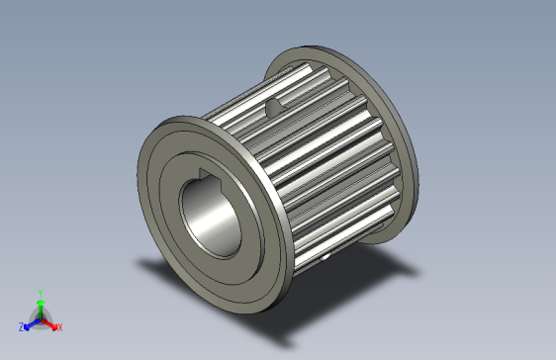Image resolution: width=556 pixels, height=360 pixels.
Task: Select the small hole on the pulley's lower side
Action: click(x=326, y=260)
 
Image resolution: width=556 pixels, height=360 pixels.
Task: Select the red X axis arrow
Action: click(x=51, y=322)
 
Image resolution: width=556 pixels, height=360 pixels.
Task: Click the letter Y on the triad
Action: click(x=40, y=293)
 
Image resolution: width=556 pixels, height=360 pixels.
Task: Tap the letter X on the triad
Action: click(x=59, y=327)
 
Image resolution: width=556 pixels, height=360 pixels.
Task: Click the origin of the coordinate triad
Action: click(x=40, y=317)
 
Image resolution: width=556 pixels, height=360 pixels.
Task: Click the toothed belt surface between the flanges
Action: click(x=326, y=158)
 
